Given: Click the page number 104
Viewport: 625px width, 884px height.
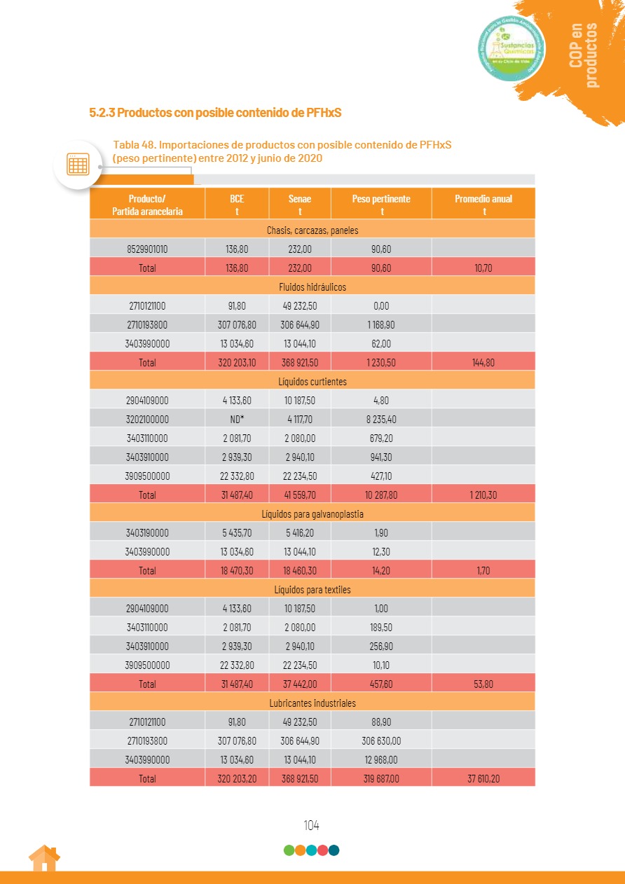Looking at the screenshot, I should pos(311,825).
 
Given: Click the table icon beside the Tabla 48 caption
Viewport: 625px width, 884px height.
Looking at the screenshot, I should pos(78,164).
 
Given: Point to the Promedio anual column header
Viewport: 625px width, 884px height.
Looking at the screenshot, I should pos(483,205).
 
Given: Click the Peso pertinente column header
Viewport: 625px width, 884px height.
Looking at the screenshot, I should pos(381,205).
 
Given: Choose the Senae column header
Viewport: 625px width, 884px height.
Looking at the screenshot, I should pos(300,205).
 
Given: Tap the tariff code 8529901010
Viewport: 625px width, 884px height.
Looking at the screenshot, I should pos(147,249).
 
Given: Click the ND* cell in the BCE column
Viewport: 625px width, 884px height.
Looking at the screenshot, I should pos(237,420).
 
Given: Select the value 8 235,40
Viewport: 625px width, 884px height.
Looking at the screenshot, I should pos(381,420).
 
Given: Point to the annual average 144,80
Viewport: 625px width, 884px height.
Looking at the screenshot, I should pos(483,363).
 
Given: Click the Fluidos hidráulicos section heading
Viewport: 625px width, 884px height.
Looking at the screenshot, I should pos(312,287).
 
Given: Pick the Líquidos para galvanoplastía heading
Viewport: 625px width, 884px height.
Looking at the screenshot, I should pos(312,514).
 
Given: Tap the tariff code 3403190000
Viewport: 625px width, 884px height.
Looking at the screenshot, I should pos(147,533).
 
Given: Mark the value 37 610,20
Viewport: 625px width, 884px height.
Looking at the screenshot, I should pos(483,778).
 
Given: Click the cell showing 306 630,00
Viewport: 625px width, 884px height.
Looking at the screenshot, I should pos(381,740).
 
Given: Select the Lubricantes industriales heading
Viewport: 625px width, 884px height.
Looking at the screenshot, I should pos(312,703).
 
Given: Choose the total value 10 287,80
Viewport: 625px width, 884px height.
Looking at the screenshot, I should pos(381,495).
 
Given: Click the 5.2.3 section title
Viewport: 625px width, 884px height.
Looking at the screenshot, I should pos(219,112).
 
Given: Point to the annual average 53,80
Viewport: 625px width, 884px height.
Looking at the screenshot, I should pos(483,684).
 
